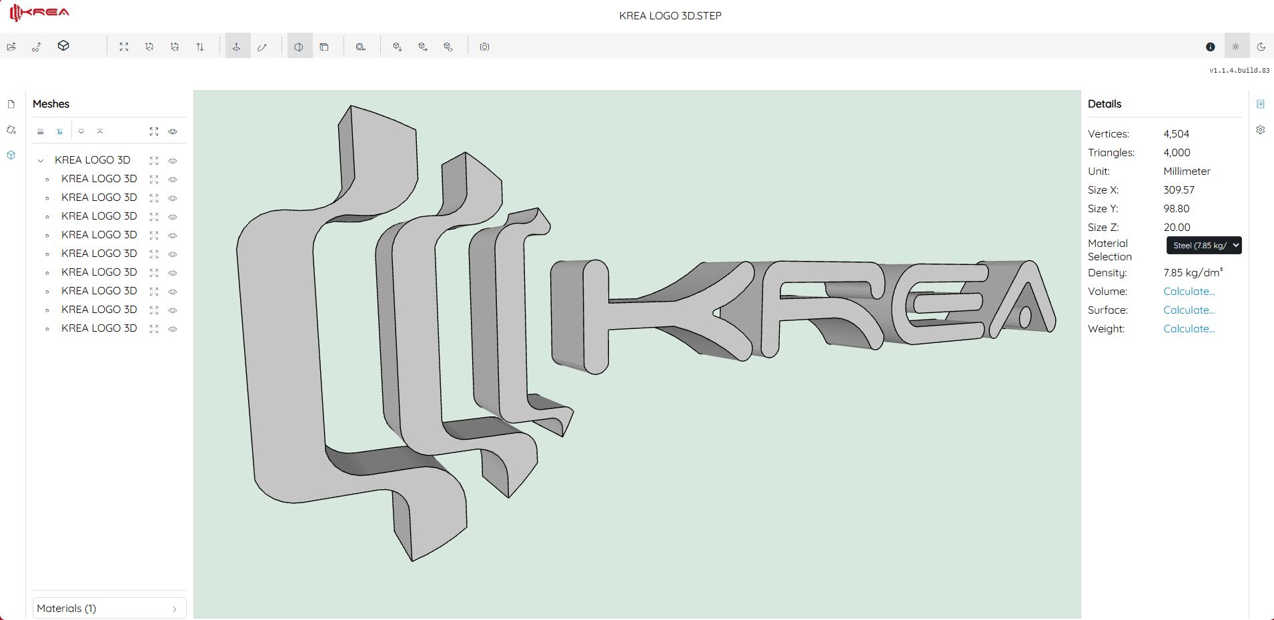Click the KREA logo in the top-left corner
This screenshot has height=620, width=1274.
click(x=39, y=13)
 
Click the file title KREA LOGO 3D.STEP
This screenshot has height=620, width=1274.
click(x=670, y=15)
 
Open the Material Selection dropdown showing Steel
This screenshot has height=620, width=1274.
click(x=1203, y=246)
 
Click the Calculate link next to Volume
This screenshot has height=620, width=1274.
click(x=1189, y=292)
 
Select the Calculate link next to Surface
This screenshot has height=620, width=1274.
click(x=1189, y=310)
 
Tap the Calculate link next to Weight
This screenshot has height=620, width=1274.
click(x=1189, y=329)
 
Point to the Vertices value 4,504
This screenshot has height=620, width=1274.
click(x=1176, y=134)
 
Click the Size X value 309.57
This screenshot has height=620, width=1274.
click(x=1179, y=190)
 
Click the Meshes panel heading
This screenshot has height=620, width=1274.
click(x=51, y=104)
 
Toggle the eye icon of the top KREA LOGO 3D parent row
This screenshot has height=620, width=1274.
click(x=173, y=161)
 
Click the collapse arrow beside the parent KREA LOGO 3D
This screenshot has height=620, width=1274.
click(x=41, y=161)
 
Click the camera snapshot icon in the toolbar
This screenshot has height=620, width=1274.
click(x=485, y=47)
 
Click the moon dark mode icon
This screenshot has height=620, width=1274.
click(x=1261, y=47)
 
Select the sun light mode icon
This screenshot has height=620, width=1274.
click(x=1235, y=47)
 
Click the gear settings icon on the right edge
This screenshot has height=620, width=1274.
click(x=1260, y=130)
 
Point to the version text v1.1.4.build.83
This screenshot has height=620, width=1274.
click(x=1239, y=70)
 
